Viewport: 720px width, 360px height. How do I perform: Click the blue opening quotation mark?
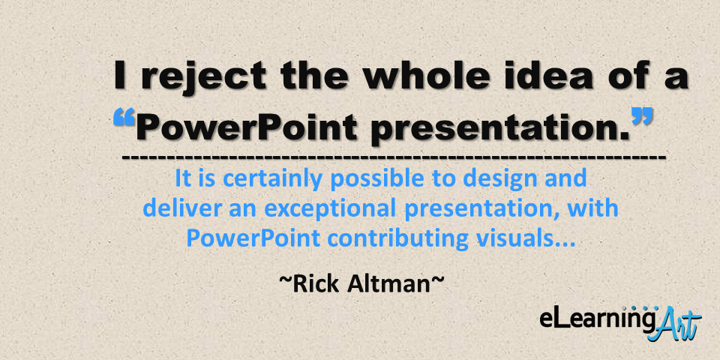coord(124,118)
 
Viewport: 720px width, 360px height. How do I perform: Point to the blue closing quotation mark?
coord(641,116)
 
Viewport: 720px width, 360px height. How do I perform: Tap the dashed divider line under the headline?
coord(394,158)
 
